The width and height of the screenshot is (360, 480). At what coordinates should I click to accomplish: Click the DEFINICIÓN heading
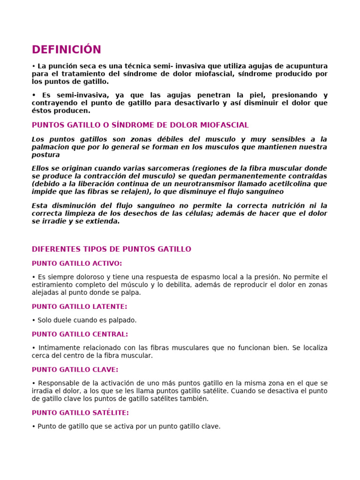[66, 50]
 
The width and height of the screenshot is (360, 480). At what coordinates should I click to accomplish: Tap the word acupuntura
[306, 66]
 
